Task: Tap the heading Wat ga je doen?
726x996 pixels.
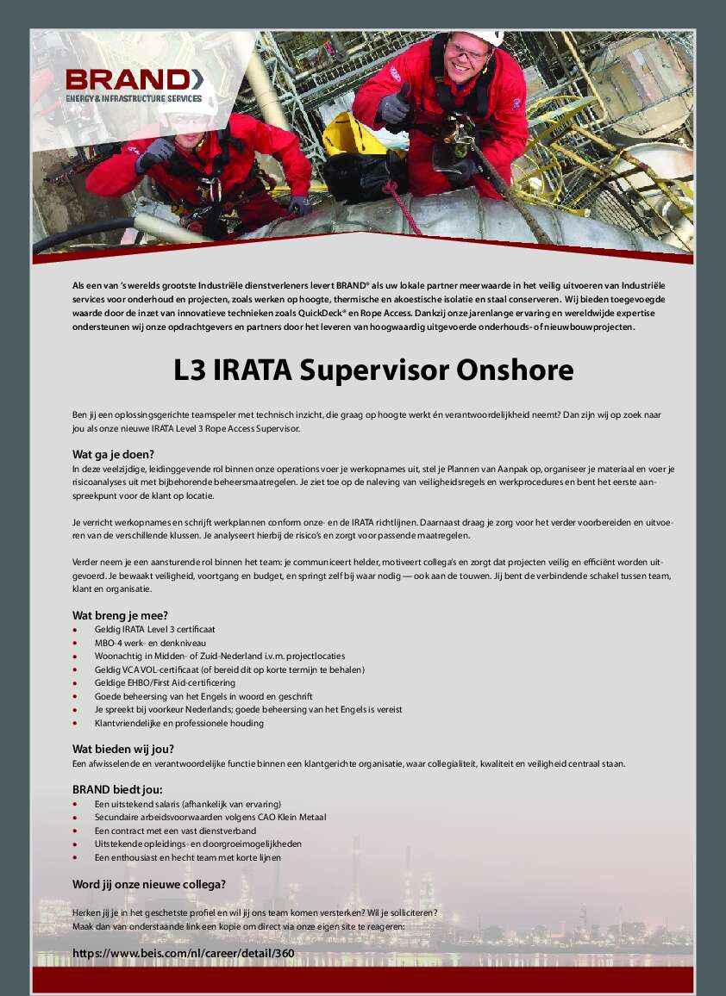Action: pos(113,454)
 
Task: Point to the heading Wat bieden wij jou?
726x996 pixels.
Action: pos(123,749)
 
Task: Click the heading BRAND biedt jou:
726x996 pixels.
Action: pos(117,789)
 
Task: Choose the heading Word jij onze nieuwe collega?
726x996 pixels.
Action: pos(149,883)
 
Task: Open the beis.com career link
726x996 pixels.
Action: pos(184,953)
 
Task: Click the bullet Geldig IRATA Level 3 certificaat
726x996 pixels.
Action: pos(155,629)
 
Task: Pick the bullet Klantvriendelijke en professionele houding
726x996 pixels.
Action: pos(179,723)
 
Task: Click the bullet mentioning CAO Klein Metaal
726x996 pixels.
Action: pos(210,817)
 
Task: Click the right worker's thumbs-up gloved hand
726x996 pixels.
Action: pos(396,104)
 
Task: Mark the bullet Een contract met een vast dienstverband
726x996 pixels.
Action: pos(175,831)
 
